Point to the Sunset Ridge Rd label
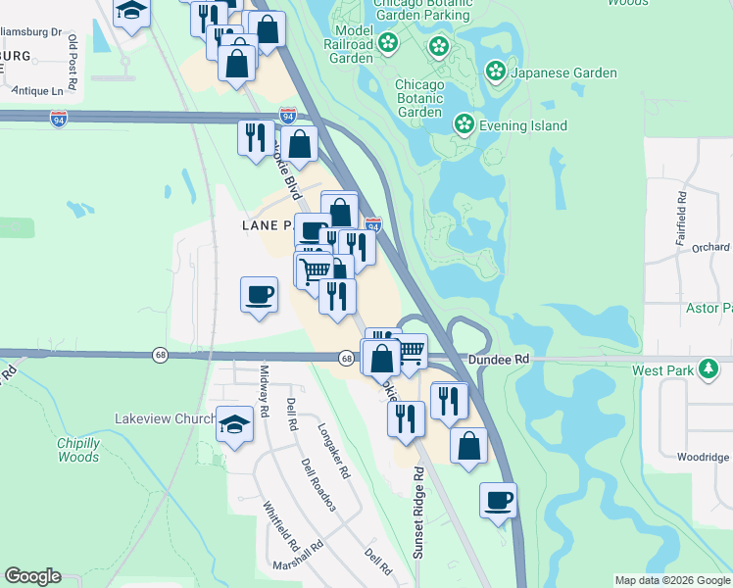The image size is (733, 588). [x=418, y=513]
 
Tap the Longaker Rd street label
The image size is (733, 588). [x=333, y=451]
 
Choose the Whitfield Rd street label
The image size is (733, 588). [x=280, y=526]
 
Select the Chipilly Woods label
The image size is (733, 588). [x=77, y=450]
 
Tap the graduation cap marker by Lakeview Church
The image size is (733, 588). [x=234, y=422]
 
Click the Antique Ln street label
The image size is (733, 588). [x=45, y=91]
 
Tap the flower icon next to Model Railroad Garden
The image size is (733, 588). [x=388, y=43]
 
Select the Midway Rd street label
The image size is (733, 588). [x=264, y=388]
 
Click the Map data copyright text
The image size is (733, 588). [x=672, y=580]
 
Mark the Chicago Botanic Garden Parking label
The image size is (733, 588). [x=422, y=10]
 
